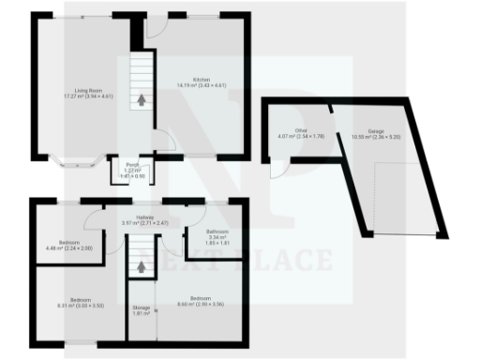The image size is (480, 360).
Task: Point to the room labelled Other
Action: [x=301, y=134]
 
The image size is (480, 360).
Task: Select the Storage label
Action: [x=142, y=310]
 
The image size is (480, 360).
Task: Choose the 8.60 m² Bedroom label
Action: [x=200, y=300]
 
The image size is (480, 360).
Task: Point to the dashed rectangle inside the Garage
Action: [x=408, y=198]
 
